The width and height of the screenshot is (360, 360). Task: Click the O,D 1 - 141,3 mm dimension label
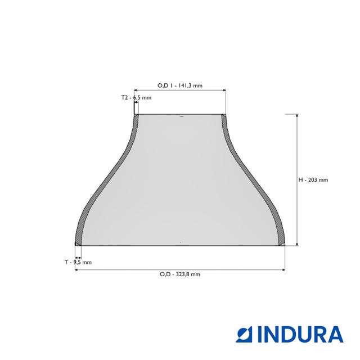point(179,85)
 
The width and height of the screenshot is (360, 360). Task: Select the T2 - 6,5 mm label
point(136,98)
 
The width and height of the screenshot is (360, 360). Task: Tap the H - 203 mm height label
point(313,180)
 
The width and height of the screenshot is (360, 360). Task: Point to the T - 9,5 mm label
point(78,262)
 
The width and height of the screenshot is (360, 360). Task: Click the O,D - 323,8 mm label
point(179,274)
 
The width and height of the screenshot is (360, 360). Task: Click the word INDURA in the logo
point(300,334)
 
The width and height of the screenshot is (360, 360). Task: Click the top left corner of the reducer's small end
point(134,115)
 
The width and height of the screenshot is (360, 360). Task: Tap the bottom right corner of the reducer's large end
point(285,245)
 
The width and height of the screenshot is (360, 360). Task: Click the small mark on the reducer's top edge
point(181,117)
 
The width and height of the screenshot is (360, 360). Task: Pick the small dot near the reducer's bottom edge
point(180,242)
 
